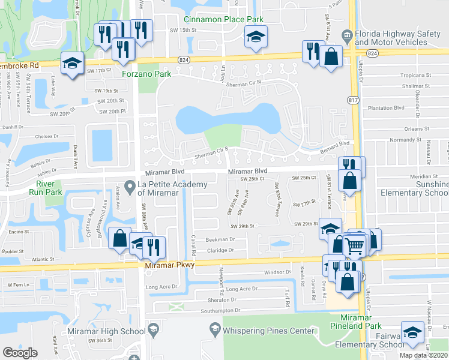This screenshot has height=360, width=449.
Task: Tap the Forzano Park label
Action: [x=155, y=74]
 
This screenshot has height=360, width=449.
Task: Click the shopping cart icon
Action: [x=355, y=245]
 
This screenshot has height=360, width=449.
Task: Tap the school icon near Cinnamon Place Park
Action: [x=255, y=38]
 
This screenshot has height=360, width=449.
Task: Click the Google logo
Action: [x=20, y=353]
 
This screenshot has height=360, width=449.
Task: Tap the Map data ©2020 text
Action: [x=424, y=355]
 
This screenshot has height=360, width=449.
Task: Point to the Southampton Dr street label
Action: [x=220, y=310]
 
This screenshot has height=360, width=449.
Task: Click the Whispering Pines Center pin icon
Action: [x=214, y=330]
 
